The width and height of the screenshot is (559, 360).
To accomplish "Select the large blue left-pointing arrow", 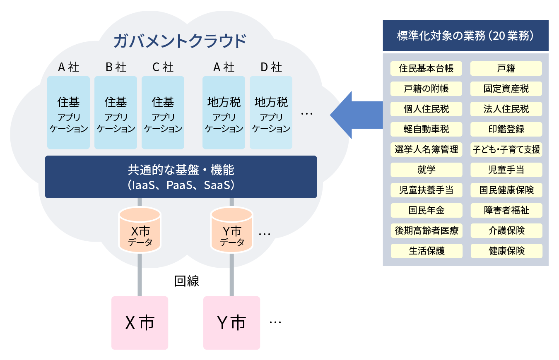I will pos(356,115).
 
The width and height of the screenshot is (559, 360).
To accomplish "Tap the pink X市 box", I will pos(140,323).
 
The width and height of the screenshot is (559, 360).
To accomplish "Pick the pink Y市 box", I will pos(231,323).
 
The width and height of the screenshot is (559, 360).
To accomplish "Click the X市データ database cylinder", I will pos(140,230).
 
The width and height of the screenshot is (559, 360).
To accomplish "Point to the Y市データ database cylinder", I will pos(231,230).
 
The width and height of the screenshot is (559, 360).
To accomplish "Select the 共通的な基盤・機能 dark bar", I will pos(181,177).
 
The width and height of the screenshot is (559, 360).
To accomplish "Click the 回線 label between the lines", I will pos(187,281).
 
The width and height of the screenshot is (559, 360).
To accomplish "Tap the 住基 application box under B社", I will pos(116,113).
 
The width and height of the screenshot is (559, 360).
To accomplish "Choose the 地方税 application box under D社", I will pos(271,113).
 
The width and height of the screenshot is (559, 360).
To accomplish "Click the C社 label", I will pos(163,67).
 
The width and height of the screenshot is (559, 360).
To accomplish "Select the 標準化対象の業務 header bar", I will pos(465,36).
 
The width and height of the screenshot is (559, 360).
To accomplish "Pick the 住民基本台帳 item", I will pos(426,68).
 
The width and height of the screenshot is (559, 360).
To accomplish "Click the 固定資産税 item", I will pos(506,89).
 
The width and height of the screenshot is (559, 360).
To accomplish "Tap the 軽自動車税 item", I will pos(426,129).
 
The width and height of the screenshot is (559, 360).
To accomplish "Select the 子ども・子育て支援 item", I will pos(506,149).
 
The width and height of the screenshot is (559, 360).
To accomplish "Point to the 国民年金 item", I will pos(426,210).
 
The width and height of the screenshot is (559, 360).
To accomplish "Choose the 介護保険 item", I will pos(506,230).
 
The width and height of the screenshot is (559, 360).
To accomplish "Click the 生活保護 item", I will pos(426,251).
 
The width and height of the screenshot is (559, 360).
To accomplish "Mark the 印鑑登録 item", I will pos(506,129).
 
